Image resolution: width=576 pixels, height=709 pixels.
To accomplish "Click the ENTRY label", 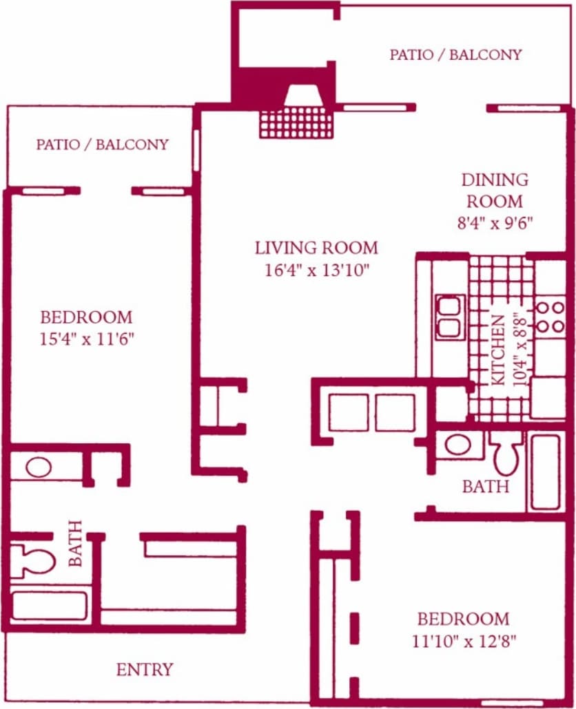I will [144, 669].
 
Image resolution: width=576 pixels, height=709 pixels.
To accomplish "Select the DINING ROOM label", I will [495, 191].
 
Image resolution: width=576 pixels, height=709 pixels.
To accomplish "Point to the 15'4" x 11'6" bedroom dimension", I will [86, 339].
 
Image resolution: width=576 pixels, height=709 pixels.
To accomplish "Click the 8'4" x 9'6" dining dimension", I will [495, 222].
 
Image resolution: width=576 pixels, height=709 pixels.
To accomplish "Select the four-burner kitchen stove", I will [550, 317].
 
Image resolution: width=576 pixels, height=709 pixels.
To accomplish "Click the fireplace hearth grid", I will [296, 122].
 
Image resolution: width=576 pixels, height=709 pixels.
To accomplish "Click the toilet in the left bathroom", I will [32, 560].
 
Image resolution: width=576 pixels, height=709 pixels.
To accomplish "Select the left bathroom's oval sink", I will [38, 467].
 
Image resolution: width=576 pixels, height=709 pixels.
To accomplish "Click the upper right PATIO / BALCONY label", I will [455, 54].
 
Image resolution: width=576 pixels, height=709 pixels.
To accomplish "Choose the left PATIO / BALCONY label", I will [102, 145].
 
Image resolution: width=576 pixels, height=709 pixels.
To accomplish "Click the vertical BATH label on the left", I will [75, 543].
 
